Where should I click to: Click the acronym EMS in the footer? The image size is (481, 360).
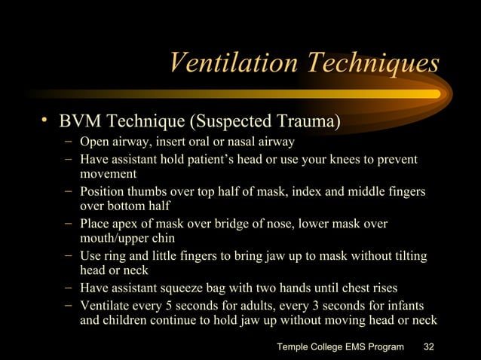[x=355, y=346]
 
